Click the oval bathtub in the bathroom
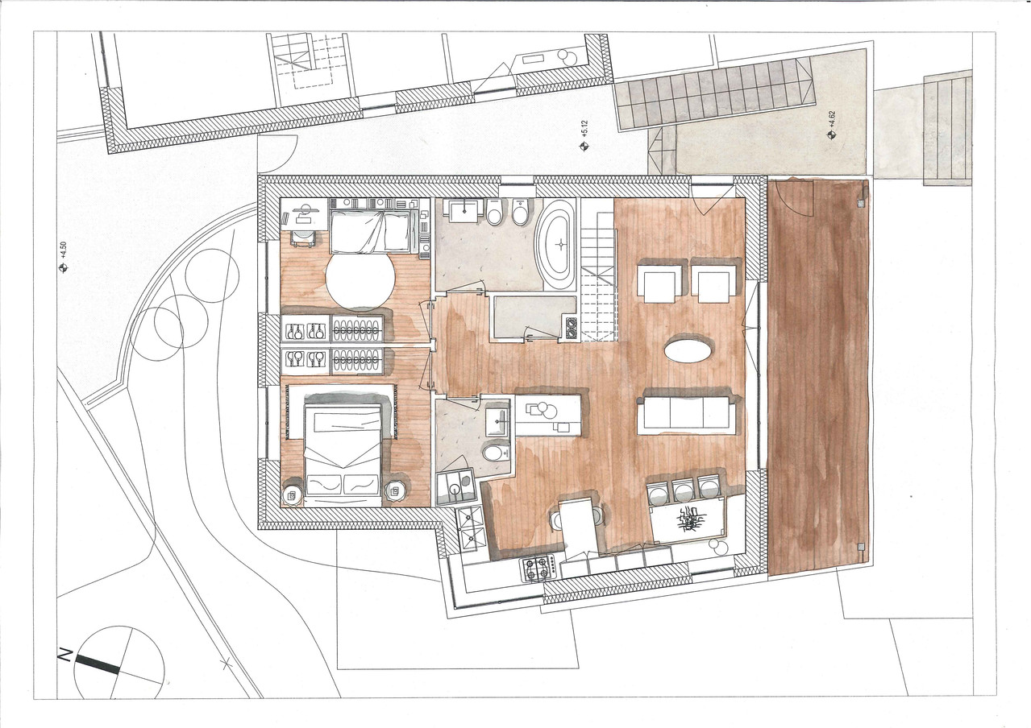[556, 245]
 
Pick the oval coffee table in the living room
[688, 351]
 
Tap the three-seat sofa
[687, 413]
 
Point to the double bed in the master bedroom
[343, 453]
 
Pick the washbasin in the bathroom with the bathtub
[465, 212]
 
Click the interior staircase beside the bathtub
[597, 274]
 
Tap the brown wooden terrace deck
[816, 375]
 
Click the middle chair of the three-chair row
[684, 490]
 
